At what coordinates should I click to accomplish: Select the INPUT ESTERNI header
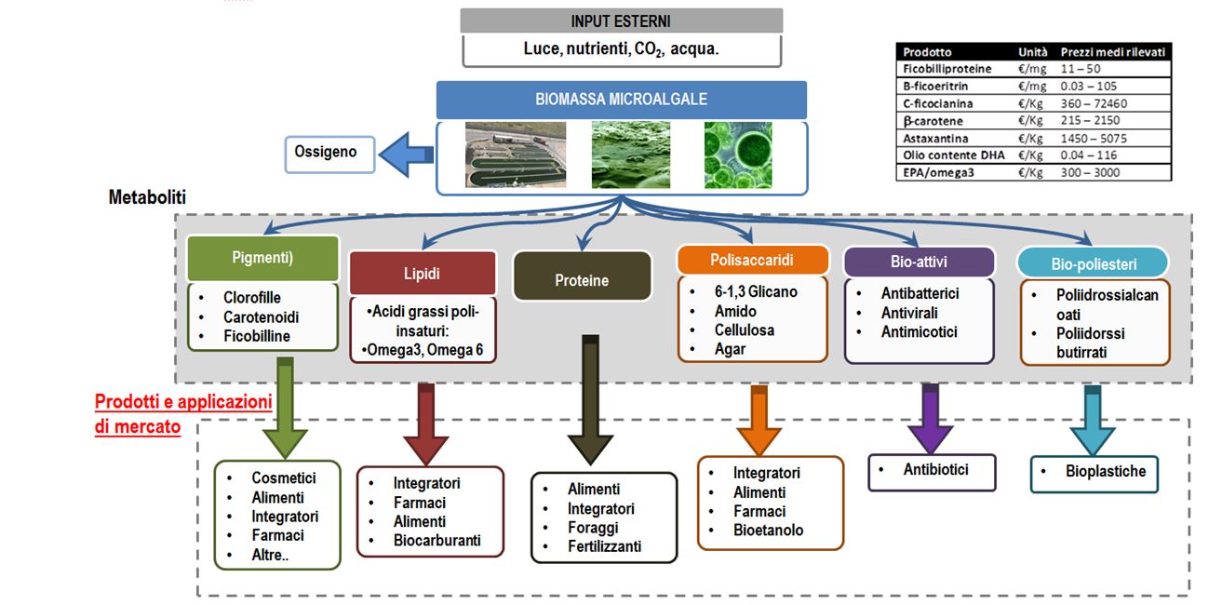point(621,20)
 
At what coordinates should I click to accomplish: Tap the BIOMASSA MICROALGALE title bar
point(621,100)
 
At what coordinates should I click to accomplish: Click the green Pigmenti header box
point(262,258)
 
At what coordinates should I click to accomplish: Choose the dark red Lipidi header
point(422,274)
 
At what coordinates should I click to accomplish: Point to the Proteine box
point(582,280)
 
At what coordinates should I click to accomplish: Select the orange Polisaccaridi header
point(752,261)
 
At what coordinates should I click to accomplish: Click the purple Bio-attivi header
point(919,262)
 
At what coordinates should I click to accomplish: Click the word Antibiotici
point(935,470)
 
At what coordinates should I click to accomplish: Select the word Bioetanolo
point(768,531)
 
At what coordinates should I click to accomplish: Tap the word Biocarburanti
point(436,541)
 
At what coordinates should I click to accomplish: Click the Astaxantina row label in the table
point(933,138)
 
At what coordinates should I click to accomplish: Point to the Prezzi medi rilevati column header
point(1113,52)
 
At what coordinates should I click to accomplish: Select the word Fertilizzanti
point(604,546)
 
